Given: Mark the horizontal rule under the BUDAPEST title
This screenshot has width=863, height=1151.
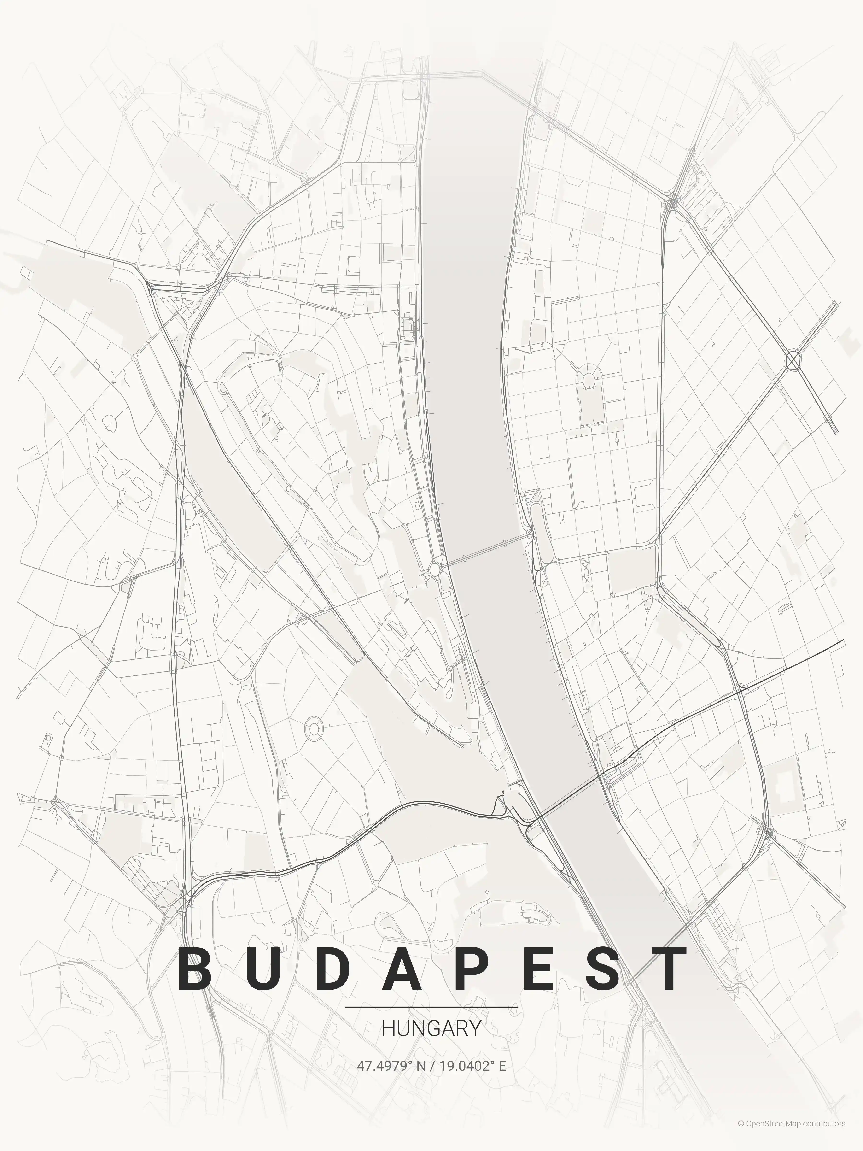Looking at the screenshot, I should [431, 1007].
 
